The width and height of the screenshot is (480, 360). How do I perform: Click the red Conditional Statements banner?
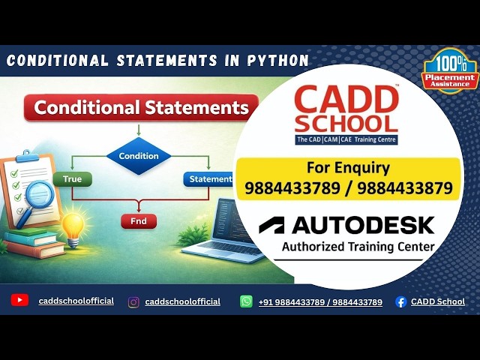tap(141, 107)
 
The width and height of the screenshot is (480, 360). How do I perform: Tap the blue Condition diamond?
tap(139, 156)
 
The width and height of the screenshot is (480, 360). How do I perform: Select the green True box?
tap(72, 179)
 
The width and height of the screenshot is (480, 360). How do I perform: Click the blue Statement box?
tap(209, 179)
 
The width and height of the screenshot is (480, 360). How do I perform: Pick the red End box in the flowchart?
tap(139, 221)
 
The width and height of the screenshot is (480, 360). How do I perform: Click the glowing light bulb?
tap(72, 224)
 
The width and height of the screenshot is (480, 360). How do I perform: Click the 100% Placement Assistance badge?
tap(449, 70)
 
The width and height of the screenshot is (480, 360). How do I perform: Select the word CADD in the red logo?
tap(346, 98)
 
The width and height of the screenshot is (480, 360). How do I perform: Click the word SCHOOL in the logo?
tap(346, 122)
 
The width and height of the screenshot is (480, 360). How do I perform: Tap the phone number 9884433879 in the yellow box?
tap(405, 188)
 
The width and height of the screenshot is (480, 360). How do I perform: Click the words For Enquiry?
tap(348, 167)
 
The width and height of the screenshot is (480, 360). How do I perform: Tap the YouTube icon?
tap(20, 301)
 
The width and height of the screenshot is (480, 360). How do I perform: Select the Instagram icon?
tap(133, 301)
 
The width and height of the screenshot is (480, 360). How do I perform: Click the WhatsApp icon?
tap(246, 301)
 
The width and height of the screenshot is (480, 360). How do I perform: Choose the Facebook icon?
tap(400, 301)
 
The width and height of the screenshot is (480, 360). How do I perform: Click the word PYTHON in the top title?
tap(277, 61)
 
